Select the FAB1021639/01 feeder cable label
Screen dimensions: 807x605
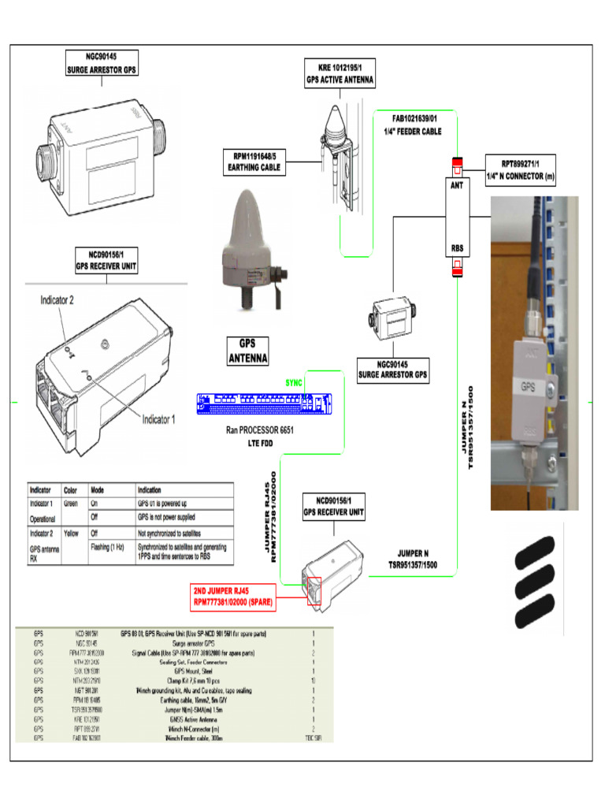point(418,125)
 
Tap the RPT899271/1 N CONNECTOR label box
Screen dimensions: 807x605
point(520,169)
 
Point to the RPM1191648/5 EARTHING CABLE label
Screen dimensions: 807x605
point(254,162)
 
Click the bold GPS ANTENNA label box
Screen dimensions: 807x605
point(247,351)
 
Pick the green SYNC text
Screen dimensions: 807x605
point(294,382)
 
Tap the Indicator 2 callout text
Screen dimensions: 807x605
point(57,300)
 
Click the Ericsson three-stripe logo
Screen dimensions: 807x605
point(541,584)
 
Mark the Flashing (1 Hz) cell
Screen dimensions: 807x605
point(110,546)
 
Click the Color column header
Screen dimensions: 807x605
point(70,489)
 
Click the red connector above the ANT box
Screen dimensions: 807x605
point(456,165)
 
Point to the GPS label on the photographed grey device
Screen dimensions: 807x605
point(529,387)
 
